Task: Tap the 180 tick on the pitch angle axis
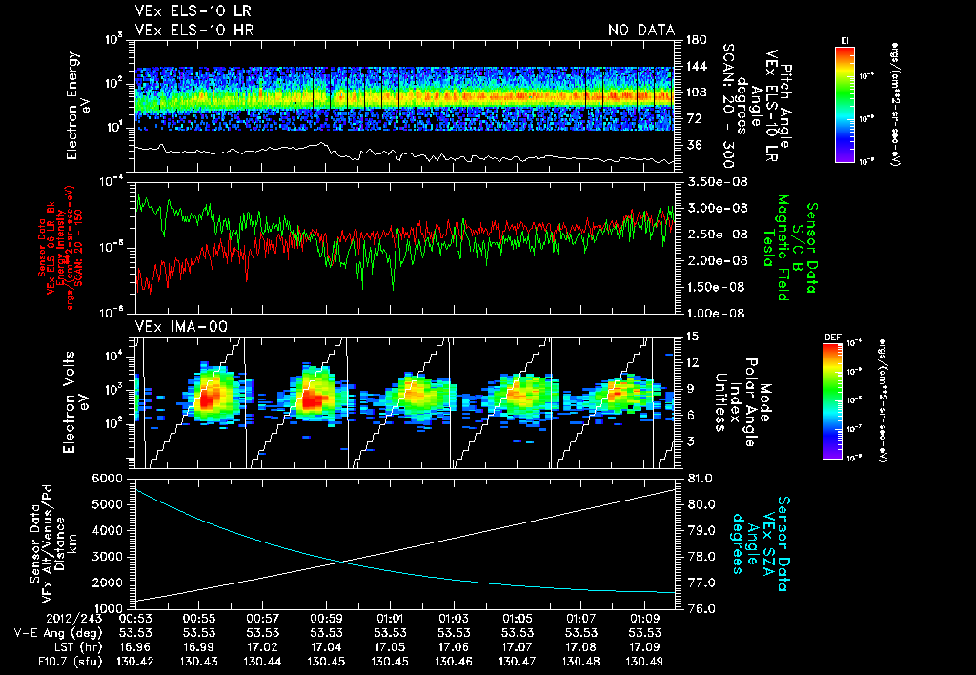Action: (694, 39)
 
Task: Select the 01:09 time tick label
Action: (647, 619)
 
